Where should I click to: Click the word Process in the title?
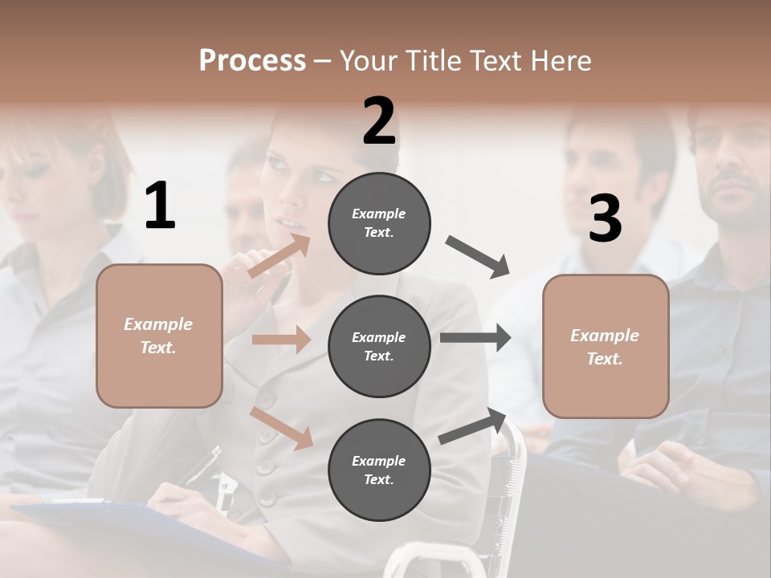[252, 60]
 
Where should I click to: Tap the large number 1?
[160, 206]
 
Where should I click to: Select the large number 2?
[379, 121]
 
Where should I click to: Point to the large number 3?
[605, 218]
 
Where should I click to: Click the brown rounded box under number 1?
[159, 336]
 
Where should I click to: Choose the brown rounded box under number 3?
[606, 346]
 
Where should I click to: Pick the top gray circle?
[379, 223]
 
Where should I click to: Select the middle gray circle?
[379, 346]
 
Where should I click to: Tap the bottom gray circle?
[379, 470]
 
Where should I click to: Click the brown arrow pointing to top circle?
[279, 255]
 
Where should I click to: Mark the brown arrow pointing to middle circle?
[281, 340]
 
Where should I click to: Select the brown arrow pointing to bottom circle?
[282, 428]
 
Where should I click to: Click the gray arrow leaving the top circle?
[477, 256]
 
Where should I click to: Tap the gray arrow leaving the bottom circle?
[473, 426]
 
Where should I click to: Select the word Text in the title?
[495, 60]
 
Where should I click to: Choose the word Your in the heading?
[367, 60]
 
